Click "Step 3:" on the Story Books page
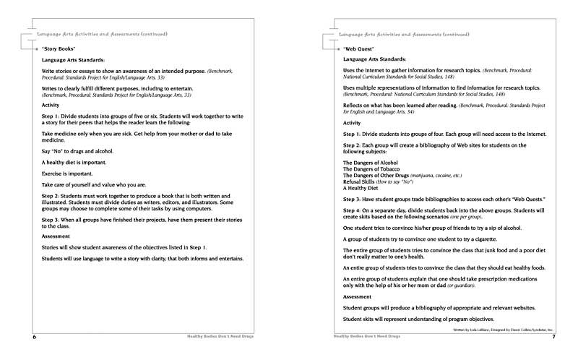click(x=52, y=219)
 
